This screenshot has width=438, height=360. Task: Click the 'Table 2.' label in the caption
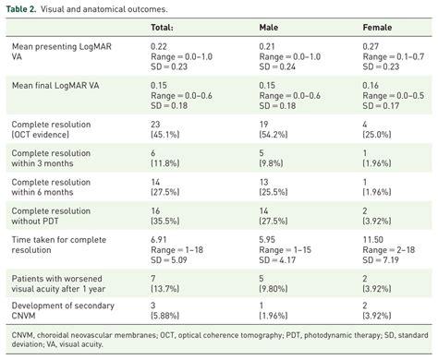24,7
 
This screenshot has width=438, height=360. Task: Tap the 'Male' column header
271,27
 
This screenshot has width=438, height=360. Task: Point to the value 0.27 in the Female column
373,46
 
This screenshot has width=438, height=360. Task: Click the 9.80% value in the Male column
277,290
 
